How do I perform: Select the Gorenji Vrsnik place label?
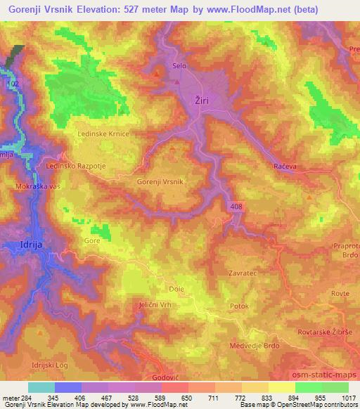pyautogui.click(x=160, y=181)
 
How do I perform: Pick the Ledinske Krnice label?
pyautogui.click(x=103, y=132)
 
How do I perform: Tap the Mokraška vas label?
pyautogui.click(x=38, y=186)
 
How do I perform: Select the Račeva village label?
pyautogui.click(x=283, y=166)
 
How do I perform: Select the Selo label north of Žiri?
pyautogui.click(x=179, y=67)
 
